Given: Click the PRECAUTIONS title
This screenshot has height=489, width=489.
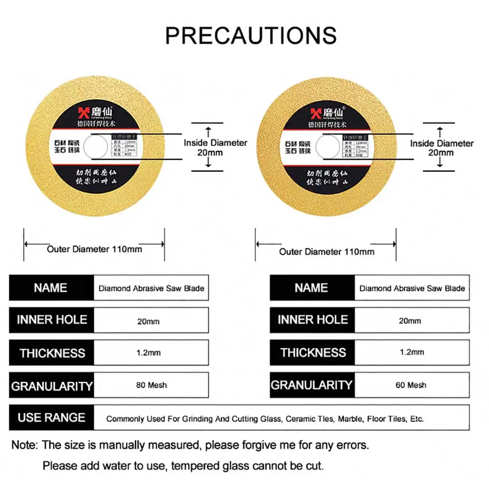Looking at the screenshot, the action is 251,35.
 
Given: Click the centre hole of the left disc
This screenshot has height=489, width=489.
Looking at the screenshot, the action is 96,146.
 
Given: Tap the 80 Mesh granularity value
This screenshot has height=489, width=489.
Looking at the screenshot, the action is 151,385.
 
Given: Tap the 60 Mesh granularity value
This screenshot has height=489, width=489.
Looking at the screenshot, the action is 411,385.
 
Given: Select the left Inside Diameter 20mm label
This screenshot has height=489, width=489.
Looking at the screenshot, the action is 215,147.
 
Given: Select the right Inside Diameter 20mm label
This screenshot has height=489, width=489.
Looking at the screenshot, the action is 442,148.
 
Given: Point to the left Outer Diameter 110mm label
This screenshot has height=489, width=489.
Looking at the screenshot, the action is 94,249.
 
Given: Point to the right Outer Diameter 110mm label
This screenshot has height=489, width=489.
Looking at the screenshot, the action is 327,251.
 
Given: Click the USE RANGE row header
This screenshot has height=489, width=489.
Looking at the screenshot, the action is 51,418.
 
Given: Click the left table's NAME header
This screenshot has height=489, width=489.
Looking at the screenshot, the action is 50,288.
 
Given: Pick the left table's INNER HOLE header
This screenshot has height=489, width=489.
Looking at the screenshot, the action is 52,320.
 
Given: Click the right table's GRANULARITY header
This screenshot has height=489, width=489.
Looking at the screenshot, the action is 311,385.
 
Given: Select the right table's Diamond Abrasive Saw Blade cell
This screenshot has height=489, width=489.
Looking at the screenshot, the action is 412,288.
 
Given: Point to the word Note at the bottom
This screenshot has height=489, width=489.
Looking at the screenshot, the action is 24,445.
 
